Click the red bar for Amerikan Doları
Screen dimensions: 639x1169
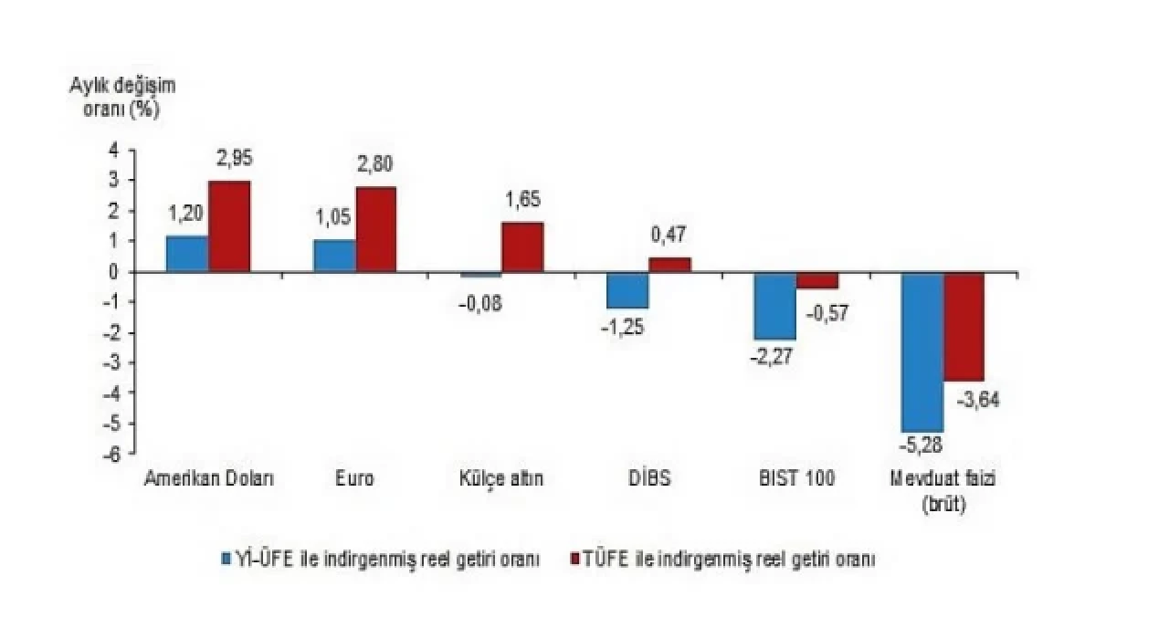tap(229, 226)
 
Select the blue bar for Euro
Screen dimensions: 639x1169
tap(334, 256)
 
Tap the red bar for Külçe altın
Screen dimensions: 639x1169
tap(522, 246)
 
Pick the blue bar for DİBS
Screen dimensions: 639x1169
tap(627, 290)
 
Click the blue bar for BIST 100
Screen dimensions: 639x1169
tap(774, 306)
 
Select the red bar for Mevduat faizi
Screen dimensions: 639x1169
tap(964, 326)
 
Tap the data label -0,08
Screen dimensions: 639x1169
tap(480, 303)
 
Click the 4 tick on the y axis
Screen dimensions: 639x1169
tap(114, 151)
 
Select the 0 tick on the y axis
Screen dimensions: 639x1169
tap(114, 272)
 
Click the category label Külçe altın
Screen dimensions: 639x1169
tap(501, 479)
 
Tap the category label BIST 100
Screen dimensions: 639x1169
tap(796, 479)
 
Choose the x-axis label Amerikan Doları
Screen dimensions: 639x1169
tap(209, 479)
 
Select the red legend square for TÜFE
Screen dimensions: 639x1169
tap(575, 559)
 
